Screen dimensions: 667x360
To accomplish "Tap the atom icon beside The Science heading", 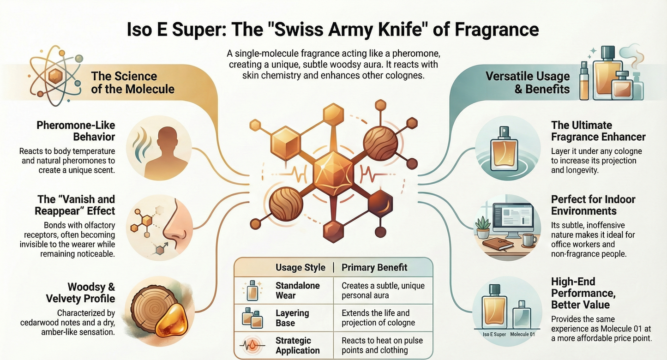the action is pos(56,76).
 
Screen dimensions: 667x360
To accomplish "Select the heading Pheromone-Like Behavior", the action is pos(76,131).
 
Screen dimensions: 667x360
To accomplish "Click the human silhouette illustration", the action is pos(167,152).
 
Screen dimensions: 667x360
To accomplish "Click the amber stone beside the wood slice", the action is pos(172,321).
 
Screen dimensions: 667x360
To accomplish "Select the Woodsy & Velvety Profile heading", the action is pos(80,293).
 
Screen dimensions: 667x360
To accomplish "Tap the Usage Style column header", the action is pos(300,267).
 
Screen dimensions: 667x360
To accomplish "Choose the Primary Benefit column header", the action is pos(374,267).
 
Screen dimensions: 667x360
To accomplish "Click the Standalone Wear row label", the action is pos(297,290).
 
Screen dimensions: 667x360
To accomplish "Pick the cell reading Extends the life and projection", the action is pos(378,318).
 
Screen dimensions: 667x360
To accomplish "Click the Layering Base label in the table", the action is pos(292,318).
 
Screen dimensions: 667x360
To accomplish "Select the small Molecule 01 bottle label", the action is pos(522,334).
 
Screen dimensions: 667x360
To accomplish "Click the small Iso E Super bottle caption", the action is pos(494,334).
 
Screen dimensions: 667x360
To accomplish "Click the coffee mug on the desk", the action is pos(529,240).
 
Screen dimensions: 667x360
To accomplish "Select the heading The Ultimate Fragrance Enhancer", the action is pos(598,131).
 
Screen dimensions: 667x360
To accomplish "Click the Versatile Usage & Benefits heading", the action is pos(528,83).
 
